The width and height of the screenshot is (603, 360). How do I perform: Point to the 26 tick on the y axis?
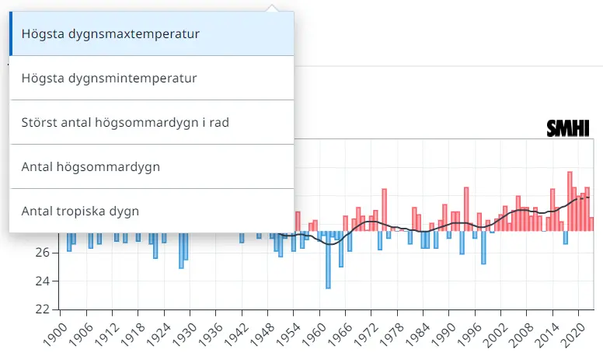42,253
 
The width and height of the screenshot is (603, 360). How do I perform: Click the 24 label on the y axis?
42,281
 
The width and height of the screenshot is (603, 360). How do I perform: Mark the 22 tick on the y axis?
42,309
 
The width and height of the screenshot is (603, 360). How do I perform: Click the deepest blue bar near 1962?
328,260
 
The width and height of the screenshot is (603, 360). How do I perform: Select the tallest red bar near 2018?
570,201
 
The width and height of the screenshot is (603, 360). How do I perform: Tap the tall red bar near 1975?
384,209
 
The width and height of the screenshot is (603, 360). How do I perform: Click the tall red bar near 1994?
465,208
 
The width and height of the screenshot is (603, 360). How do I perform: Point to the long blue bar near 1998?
483,247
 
